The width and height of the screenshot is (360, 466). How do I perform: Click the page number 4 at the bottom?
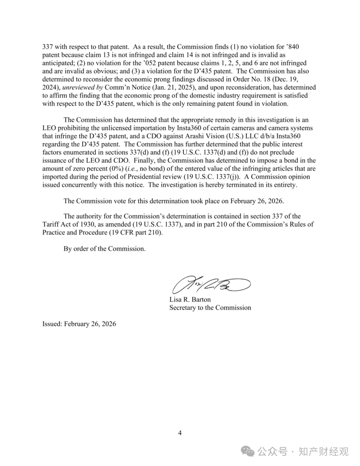180,433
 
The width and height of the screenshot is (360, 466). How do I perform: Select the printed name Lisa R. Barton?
190,299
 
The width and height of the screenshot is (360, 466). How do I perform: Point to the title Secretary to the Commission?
210,307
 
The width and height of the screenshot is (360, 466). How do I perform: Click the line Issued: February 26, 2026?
79,324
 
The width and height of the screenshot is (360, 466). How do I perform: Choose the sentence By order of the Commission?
104,249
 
